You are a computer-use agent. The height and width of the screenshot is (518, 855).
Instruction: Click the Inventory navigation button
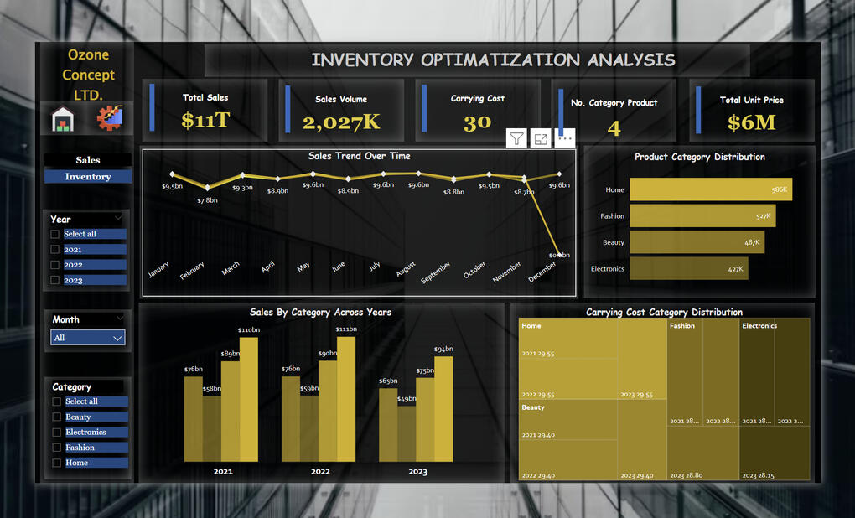[x=88, y=177]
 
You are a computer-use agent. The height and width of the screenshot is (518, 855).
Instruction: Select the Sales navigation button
[x=88, y=160]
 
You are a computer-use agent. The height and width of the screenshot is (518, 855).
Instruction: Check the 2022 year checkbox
[x=55, y=265]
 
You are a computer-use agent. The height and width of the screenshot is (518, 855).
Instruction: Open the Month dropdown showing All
[x=88, y=338]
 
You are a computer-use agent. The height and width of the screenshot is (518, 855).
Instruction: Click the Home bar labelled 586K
[x=710, y=189]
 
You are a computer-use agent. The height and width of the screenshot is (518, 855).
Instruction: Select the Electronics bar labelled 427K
[x=688, y=268]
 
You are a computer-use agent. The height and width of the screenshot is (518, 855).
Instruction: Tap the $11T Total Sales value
[x=205, y=121]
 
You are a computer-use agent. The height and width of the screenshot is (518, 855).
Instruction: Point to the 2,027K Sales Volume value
[x=341, y=122]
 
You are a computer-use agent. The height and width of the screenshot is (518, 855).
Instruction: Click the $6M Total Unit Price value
[x=751, y=122]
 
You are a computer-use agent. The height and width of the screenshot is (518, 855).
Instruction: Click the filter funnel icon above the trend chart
[x=516, y=139]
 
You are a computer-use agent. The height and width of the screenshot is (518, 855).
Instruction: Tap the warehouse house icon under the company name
[x=63, y=119]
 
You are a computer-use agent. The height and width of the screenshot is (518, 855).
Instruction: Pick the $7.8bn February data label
[x=207, y=200]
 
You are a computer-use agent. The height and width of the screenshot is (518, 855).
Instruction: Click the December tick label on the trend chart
[x=542, y=273]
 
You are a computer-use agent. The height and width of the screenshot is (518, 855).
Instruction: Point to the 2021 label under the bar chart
[x=223, y=472]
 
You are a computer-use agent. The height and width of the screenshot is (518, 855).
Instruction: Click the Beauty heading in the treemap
[x=533, y=407]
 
